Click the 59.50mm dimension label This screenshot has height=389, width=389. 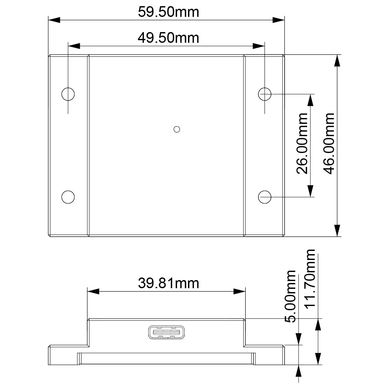168,12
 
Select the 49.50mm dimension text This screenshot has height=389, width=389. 168,38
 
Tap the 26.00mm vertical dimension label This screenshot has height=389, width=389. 302,143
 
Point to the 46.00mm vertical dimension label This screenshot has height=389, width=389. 329,143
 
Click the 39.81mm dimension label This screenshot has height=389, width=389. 168,283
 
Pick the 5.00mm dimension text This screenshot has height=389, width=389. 290,296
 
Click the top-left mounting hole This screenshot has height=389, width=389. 68,94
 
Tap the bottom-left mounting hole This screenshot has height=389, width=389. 68,197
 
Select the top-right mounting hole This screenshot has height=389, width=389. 265,94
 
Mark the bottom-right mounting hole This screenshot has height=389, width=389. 265,197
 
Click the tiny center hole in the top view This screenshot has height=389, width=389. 177,129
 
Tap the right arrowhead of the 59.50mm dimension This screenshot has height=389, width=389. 278,20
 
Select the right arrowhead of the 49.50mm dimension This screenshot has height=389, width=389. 259,46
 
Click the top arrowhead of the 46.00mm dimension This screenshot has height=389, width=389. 337,61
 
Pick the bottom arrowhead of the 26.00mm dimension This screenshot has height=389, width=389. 311,191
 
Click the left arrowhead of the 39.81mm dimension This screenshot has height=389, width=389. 93,291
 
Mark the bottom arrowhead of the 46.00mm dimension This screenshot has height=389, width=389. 337,230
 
